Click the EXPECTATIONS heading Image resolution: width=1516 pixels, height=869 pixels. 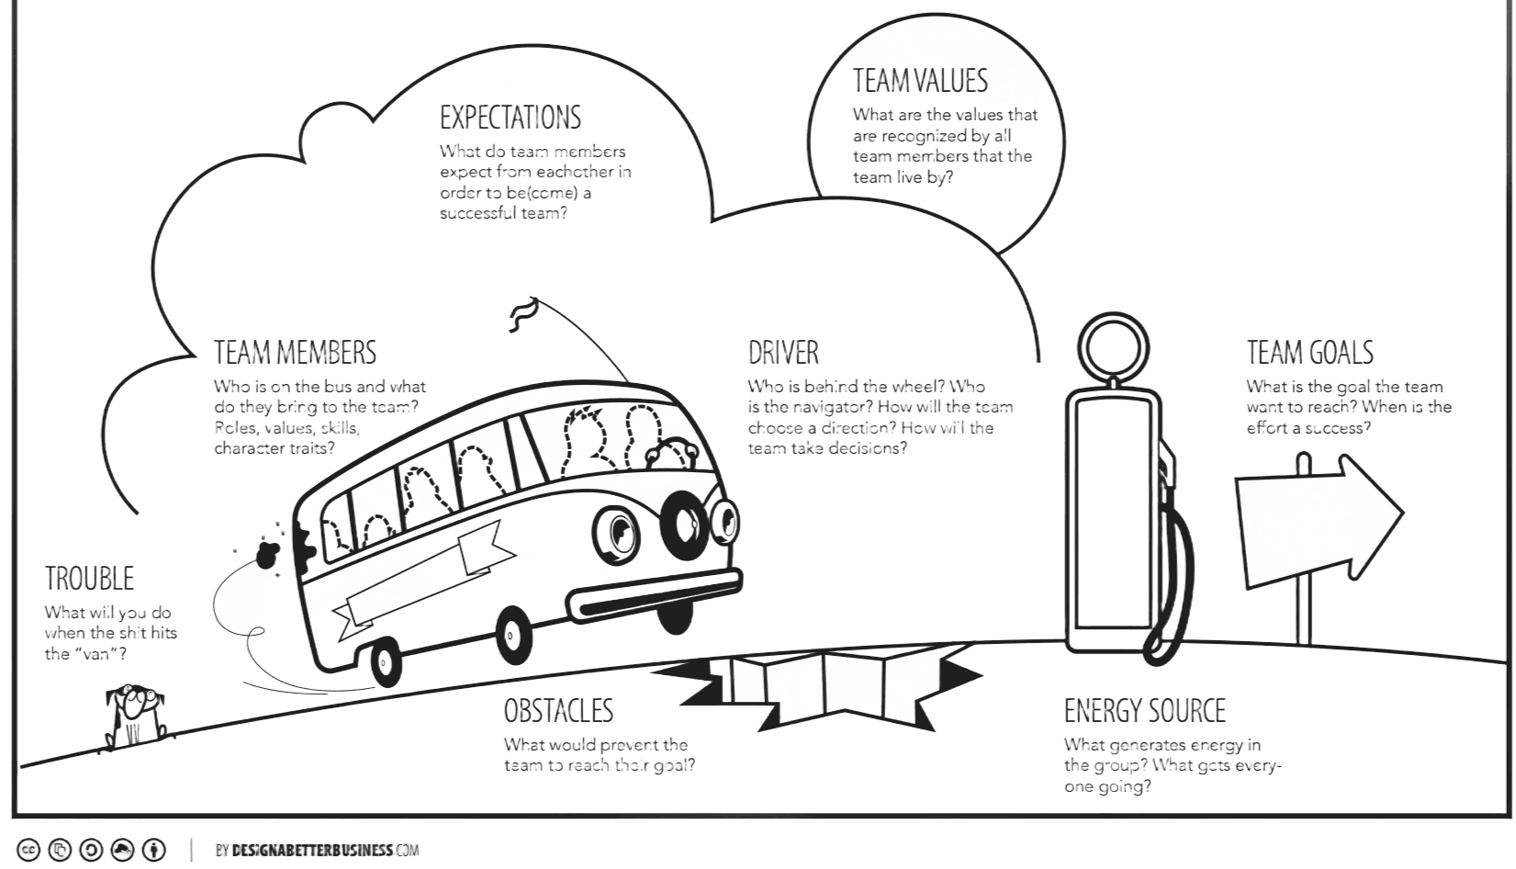click(510, 118)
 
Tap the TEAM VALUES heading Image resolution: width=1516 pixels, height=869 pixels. click(919, 81)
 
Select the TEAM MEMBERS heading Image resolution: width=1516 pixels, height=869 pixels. click(294, 352)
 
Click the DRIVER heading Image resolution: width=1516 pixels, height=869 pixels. click(782, 352)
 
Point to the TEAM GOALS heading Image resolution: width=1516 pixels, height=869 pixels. click(1308, 352)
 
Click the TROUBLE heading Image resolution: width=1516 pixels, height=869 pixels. click(89, 578)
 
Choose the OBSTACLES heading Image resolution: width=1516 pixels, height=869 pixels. click(557, 710)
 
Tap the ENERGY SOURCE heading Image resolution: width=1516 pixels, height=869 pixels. click(1144, 710)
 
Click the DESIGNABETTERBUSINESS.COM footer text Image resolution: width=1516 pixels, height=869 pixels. click(317, 850)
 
